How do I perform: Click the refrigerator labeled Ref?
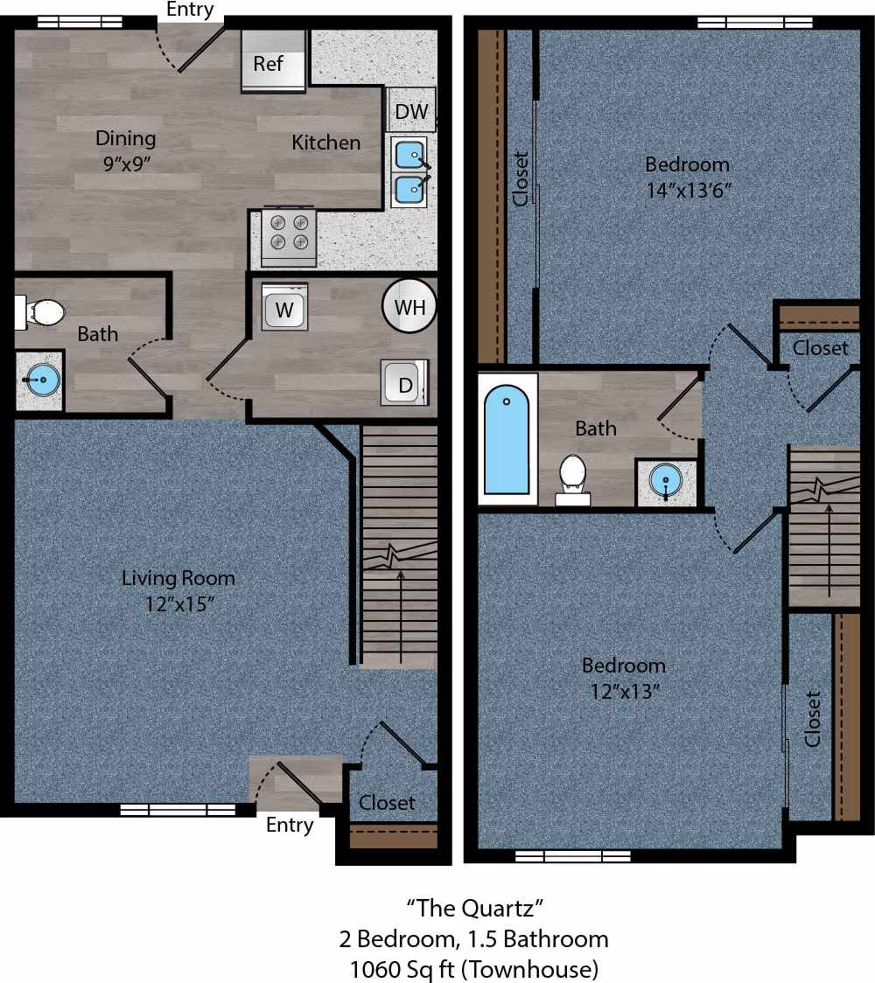[274, 60]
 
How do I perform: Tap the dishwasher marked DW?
[411, 111]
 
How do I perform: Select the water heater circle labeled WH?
[409, 307]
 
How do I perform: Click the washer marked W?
[284, 308]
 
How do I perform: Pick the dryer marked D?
[405, 383]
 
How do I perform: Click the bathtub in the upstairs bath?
[507, 440]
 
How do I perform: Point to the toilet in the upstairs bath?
[572, 476]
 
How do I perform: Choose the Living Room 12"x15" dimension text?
[178, 604]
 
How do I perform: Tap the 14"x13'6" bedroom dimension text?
[688, 190]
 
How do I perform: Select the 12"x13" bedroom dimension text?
[624, 692]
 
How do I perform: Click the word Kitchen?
[325, 143]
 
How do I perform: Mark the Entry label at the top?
[190, 10]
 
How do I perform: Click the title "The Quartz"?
[473, 907]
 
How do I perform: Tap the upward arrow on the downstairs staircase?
[401, 612]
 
